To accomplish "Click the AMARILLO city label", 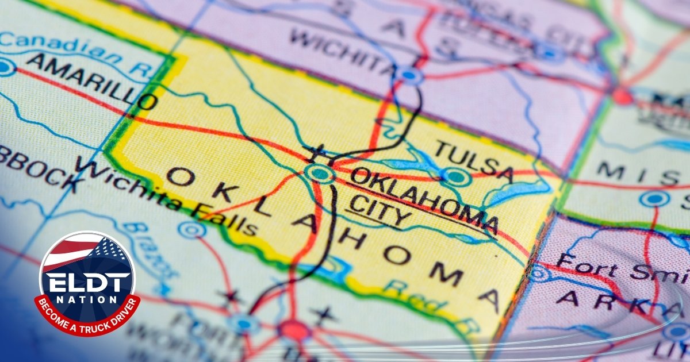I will click(92, 81).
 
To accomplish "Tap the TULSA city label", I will click(473, 160).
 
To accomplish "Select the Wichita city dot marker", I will click(409, 75).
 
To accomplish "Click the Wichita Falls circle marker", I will click(191, 230).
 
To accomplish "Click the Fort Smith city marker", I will click(539, 274).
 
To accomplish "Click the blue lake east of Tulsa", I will click(517, 192).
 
